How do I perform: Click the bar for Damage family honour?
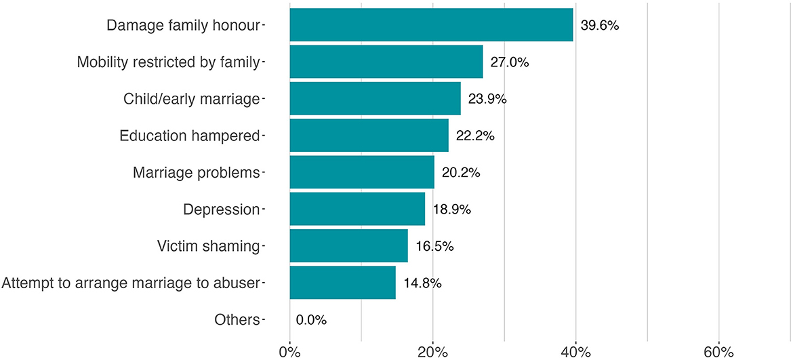[x=431, y=25]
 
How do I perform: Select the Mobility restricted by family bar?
[x=386, y=62]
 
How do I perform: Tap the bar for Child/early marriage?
[x=375, y=98]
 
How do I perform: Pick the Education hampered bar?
[x=369, y=136]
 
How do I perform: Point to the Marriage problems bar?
[x=362, y=172]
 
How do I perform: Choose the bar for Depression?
[x=357, y=209]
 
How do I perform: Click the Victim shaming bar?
[x=348, y=245]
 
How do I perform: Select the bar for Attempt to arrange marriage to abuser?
[x=342, y=283]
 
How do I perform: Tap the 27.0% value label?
[x=510, y=62]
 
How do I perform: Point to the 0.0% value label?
[x=311, y=320]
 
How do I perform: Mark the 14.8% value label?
[x=423, y=283]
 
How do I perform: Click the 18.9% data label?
[x=452, y=209]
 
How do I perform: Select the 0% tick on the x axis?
[x=289, y=352]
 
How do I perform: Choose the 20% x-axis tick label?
[x=432, y=352]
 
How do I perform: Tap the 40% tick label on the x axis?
[x=575, y=352]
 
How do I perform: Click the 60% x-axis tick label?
[x=718, y=352]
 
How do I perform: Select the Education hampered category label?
[x=189, y=136]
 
